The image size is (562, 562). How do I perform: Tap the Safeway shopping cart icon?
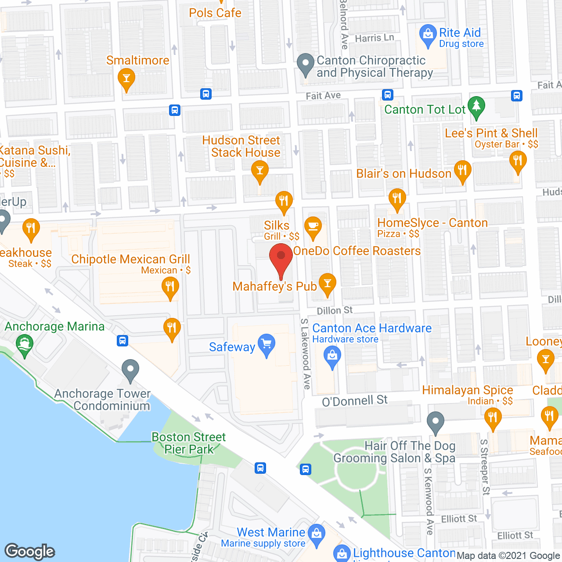coord(267,345)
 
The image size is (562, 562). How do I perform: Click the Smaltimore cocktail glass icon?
coord(126,79)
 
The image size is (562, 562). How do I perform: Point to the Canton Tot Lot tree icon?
coord(476,107)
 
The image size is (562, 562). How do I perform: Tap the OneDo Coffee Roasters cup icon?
coord(313,227)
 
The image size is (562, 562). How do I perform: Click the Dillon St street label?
coord(335,310)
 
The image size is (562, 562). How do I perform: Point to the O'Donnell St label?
coord(355,400)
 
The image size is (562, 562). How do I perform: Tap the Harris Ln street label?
coord(374,38)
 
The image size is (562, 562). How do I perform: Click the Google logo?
coord(30,551)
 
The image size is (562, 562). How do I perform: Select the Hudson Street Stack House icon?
coord(260,171)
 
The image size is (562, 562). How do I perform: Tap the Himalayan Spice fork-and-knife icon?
coord(493,418)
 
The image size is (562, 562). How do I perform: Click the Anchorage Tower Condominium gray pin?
coord(130,370)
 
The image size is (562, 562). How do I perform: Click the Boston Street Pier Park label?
coord(188,443)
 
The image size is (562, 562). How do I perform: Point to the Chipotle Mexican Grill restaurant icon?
coord(170,288)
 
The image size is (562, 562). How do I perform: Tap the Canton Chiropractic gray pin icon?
coord(306,64)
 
